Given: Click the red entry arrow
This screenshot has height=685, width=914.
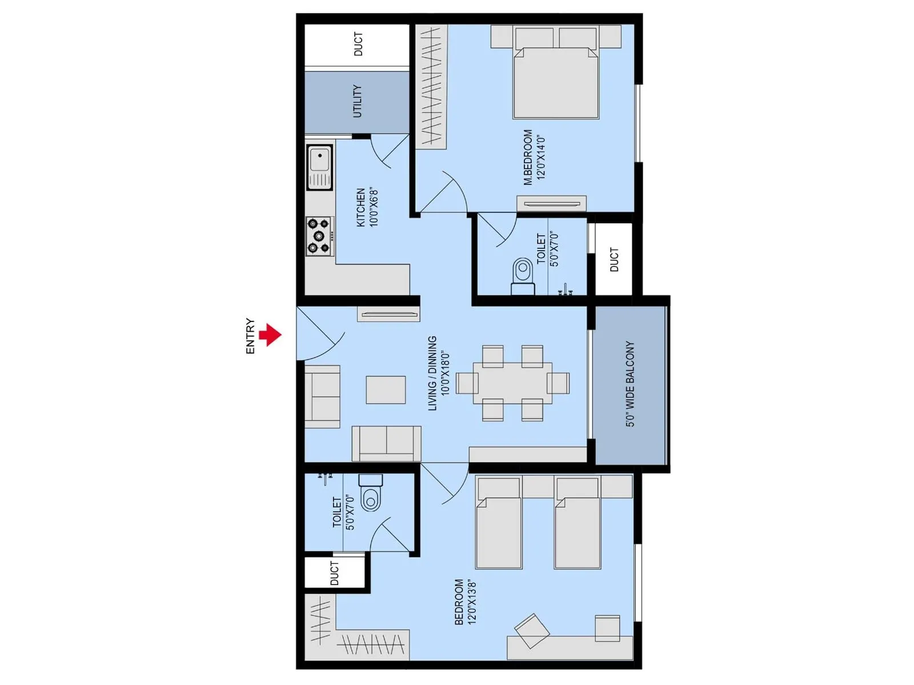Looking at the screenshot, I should pyautogui.click(x=271, y=335).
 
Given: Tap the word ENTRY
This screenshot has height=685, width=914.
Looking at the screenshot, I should pyautogui.click(x=250, y=336).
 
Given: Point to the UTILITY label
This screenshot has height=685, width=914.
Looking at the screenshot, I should pyautogui.click(x=357, y=101).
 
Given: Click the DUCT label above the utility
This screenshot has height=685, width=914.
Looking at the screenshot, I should pyautogui.click(x=358, y=44).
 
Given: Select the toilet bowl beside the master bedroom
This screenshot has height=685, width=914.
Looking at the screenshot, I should pyautogui.click(x=522, y=270).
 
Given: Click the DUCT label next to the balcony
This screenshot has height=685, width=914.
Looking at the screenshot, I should pyautogui.click(x=614, y=260).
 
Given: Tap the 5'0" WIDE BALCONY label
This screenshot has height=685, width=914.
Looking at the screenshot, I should pyautogui.click(x=630, y=384).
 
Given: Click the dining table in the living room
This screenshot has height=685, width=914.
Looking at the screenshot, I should pyautogui.click(x=512, y=383).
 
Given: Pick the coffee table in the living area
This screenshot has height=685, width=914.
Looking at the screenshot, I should pyautogui.click(x=386, y=390).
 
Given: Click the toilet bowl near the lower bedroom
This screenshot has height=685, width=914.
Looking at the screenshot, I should pyautogui.click(x=371, y=498).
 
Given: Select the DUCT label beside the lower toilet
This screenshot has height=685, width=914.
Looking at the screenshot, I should pyautogui.click(x=335, y=573).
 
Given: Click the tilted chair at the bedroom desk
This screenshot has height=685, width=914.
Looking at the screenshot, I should pyautogui.click(x=532, y=630).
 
